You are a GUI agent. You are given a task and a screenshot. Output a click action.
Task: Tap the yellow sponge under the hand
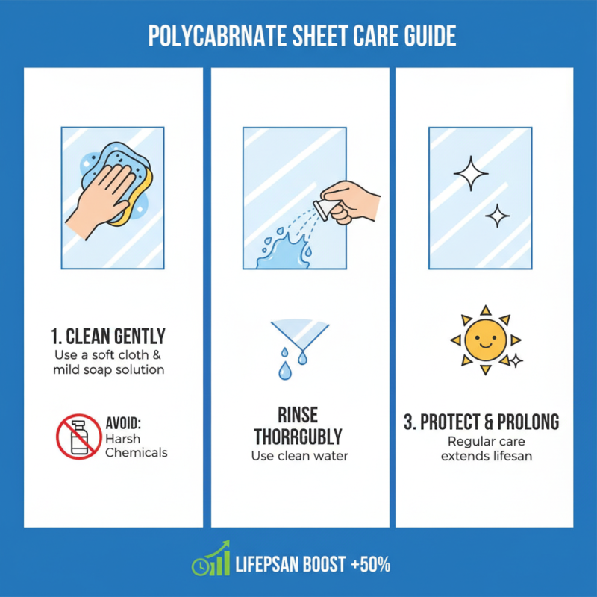pyautogui.click(x=140, y=196)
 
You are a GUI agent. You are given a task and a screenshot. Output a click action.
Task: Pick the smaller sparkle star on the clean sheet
pyautogui.click(x=498, y=216)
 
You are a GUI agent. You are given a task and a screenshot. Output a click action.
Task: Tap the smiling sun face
pyautogui.click(x=485, y=340)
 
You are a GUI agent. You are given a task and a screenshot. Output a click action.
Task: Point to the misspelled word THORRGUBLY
pyautogui.click(x=299, y=436)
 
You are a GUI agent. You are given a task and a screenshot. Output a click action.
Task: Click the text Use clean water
pyautogui.click(x=299, y=456)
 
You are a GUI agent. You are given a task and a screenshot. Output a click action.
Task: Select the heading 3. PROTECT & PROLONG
pyautogui.click(x=481, y=422)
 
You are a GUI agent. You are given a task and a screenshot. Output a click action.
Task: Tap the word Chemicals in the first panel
pyautogui.click(x=137, y=452)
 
